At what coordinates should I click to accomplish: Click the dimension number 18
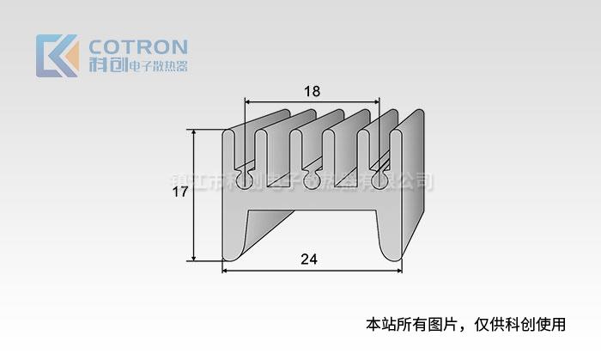coord(313,91)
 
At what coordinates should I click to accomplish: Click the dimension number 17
coord(179,193)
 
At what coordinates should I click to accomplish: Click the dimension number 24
coord(311,259)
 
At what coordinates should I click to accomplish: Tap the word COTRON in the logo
coord(137,46)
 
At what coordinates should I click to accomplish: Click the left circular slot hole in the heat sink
coord(245,180)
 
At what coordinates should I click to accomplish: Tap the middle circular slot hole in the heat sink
coord(310,180)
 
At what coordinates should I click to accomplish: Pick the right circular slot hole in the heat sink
coord(375,180)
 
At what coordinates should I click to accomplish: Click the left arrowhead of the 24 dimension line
coord(227,271)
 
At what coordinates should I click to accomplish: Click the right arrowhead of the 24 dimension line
coord(399,271)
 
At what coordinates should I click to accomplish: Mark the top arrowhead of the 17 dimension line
coord(194,133)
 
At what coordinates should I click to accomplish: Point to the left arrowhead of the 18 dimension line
coord(250,101)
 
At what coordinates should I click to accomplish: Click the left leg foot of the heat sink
coord(233,253)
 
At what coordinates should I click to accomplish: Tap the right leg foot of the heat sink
coord(391,253)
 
